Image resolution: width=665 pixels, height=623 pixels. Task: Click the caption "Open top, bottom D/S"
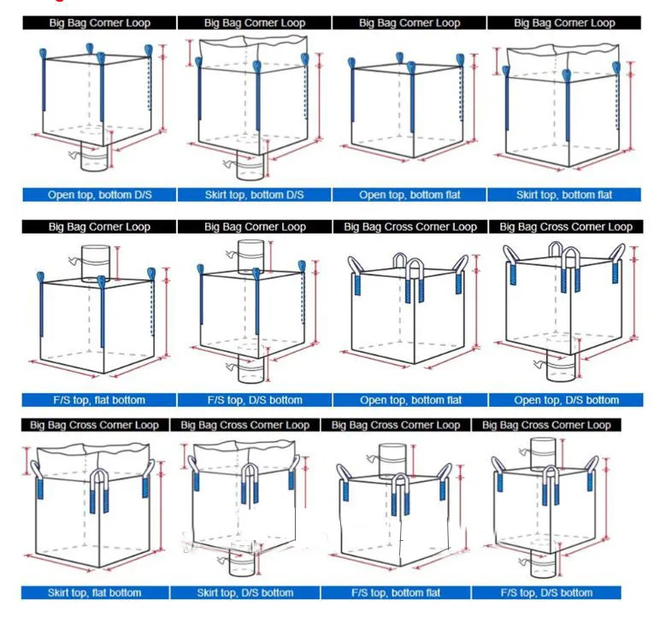pyautogui.click(x=100, y=195)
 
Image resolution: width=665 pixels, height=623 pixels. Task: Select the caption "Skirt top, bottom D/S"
pyautogui.click(x=255, y=195)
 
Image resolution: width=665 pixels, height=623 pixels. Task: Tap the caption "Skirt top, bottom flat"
pyautogui.click(x=564, y=195)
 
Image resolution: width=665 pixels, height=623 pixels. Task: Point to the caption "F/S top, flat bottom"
pyautogui.click(x=99, y=400)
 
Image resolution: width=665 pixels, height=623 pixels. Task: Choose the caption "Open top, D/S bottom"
pyautogui.click(x=566, y=400)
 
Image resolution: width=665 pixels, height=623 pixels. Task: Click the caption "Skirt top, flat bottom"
pyautogui.click(x=95, y=592)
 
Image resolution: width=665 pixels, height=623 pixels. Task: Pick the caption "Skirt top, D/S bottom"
pyautogui.click(x=245, y=592)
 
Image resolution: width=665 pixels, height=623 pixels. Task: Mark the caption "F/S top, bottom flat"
pyautogui.click(x=396, y=592)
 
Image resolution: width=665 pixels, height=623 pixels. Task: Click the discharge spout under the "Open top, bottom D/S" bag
pyautogui.click(x=94, y=157)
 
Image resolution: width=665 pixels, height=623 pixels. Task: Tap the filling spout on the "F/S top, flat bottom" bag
pyautogui.click(x=96, y=263)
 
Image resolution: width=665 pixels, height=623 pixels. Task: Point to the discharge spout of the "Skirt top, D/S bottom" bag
pyautogui.click(x=243, y=563)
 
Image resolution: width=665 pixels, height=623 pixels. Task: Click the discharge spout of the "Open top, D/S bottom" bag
pyautogui.click(x=561, y=366)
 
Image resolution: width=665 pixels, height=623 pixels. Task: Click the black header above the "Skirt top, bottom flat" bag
pyautogui.click(x=564, y=23)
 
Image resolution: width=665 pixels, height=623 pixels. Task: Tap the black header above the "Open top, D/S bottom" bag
pyautogui.click(x=566, y=226)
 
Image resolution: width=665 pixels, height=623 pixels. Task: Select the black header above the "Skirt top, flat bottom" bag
pyautogui.click(x=95, y=425)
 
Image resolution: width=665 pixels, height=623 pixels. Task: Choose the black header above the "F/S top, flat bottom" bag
pyautogui.click(x=99, y=226)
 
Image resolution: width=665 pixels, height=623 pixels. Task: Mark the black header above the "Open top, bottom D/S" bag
pyautogui.click(x=99, y=23)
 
